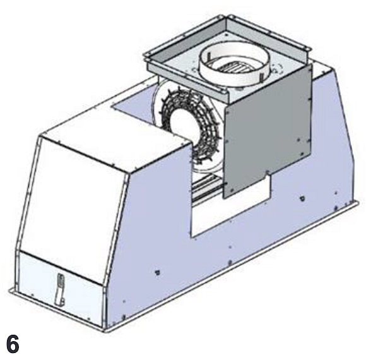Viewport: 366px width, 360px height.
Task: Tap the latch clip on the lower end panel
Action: [60, 289]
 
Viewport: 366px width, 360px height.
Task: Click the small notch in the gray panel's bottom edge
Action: [268, 173]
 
